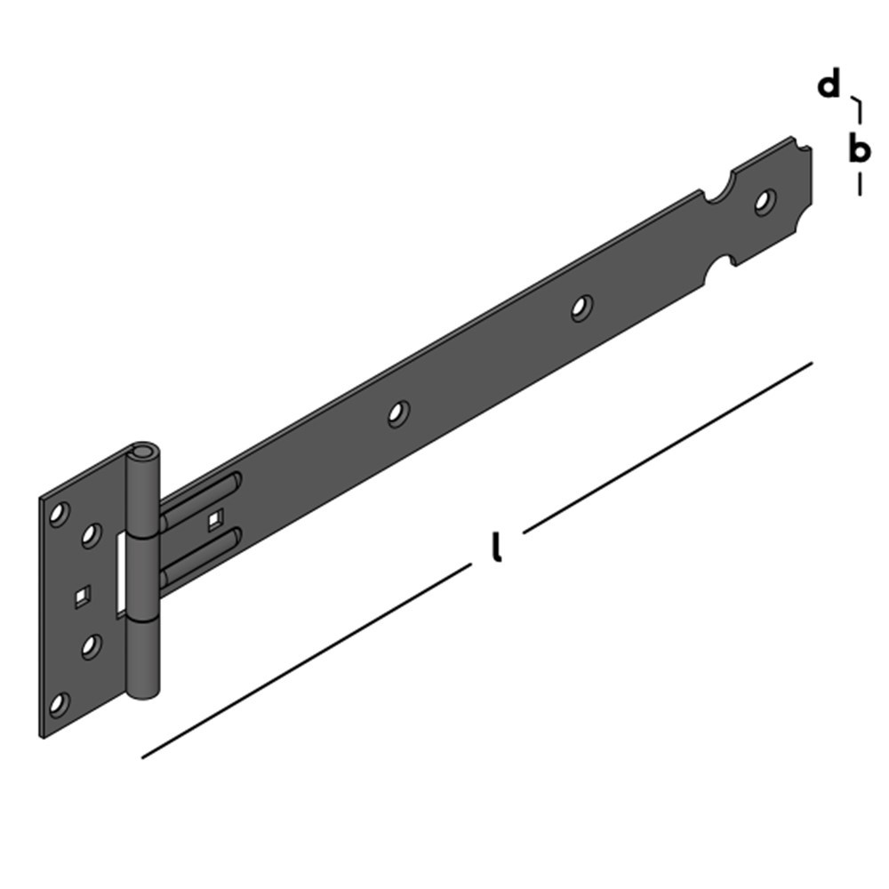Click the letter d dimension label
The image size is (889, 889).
(829, 85)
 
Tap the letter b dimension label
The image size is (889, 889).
(858, 148)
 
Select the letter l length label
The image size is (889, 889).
(497, 549)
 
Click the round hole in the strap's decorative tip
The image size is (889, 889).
(764, 202)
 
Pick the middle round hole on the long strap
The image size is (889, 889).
(581, 308)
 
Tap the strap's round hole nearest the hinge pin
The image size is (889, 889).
(398, 412)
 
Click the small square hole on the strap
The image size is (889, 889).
(213, 521)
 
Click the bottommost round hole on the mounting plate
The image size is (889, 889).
(59, 705)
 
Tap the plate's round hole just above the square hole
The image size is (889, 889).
(90, 535)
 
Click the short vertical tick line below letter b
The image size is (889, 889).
(859, 184)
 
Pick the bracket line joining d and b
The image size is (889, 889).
(858, 110)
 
